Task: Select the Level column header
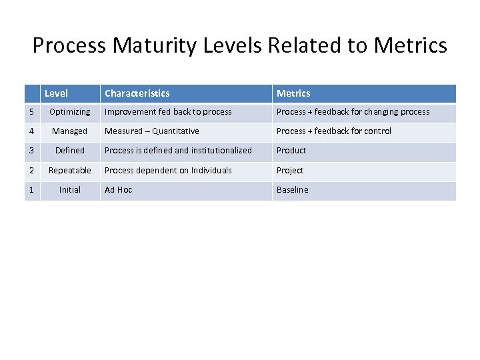coord(56,93)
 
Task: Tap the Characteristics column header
coord(137,93)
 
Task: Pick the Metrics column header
coord(293,93)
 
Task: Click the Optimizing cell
coord(70,112)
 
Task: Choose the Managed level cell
coord(70,131)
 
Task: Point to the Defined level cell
coord(70,151)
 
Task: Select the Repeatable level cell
coord(70,171)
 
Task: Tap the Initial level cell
coord(70,190)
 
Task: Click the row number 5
coord(31,112)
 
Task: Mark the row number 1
coord(31,190)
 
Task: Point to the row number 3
coord(31,151)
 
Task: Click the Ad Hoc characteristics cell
coord(119,190)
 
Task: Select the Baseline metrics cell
coord(293,190)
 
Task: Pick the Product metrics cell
coord(291,151)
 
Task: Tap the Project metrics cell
coord(290,171)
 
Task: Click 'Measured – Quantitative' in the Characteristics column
coord(152,131)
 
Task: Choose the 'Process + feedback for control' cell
coord(334,131)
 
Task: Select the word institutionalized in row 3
coord(221,151)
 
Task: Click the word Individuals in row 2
coord(211,171)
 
